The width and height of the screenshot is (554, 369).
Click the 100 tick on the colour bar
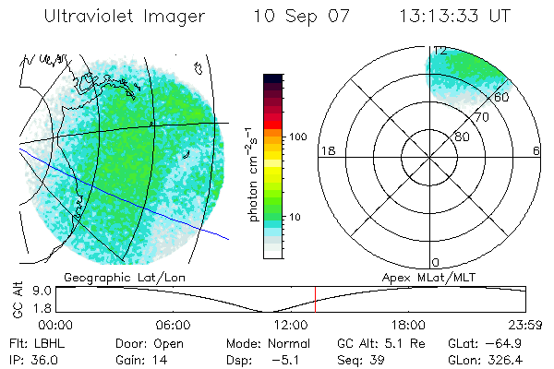click(x=297, y=137)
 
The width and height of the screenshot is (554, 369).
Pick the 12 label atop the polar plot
click(x=440, y=51)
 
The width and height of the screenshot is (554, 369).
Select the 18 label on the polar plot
click(x=326, y=150)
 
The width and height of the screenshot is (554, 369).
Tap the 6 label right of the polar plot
click(x=536, y=150)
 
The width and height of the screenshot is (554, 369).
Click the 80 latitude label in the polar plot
click(x=462, y=137)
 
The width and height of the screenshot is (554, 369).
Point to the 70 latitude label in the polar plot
click(x=480, y=118)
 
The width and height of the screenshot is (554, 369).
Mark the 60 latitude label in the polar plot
click(x=501, y=97)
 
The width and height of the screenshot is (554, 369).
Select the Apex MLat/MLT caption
click(x=430, y=277)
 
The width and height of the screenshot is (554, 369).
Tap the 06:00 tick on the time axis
click(x=173, y=325)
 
